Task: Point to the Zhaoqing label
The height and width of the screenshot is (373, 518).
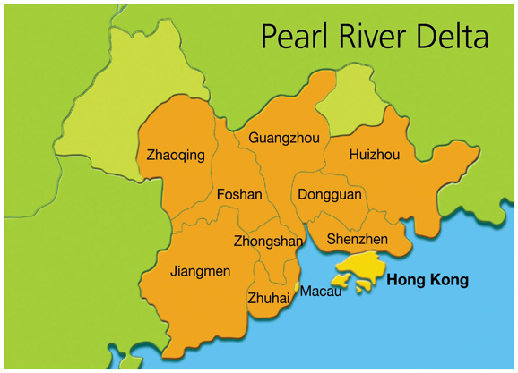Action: coord(176,156)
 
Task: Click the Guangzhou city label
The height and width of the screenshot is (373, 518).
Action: coord(283,139)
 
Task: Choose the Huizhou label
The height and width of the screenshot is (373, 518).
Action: coord(374,155)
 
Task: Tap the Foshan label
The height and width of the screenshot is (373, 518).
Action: coord(239,194)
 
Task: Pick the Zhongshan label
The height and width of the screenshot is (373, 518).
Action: coord(268,242)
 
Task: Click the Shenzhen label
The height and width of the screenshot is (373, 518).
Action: coord(357,239)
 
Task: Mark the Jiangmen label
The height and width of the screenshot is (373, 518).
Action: coord(200,270)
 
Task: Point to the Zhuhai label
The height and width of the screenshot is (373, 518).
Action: coord(268,298)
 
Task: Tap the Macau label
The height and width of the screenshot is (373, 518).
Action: coord(320,292)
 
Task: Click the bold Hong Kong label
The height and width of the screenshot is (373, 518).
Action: coord(427,280)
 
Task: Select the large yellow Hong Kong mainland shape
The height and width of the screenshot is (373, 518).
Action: coord(368,264)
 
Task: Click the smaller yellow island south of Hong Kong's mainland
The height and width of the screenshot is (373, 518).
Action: coord(363,286)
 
